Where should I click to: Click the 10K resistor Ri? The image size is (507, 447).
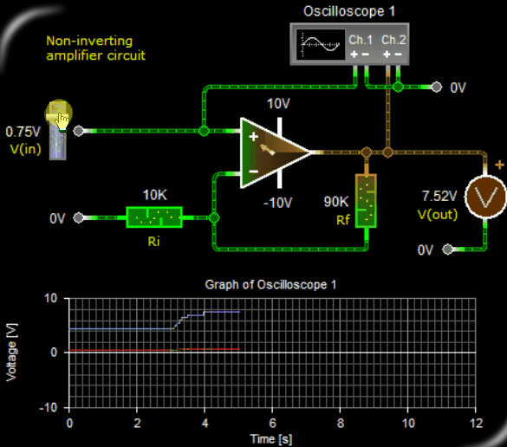pos(154,217)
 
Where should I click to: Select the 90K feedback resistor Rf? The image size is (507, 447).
pos(366,201)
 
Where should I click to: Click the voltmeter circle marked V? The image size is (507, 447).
pos(485,197)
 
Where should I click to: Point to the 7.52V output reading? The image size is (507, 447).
pos(439,196)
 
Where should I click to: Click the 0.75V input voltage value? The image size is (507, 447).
pos(23,132)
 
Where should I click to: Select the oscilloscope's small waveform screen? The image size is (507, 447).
pos(321,44)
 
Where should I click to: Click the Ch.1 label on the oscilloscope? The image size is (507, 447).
pos(361,40)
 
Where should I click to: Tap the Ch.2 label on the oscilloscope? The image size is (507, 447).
pos(393,40)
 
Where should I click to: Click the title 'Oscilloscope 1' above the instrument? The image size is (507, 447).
pos(349,11)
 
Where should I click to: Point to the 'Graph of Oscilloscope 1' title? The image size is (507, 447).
pos(270,285)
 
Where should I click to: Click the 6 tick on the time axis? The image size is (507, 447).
pos(272,423)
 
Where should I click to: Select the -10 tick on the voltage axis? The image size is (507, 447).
pos(49,407)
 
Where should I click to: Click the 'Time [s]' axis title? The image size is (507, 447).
pos(271,439)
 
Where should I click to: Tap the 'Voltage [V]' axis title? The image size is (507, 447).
pos(11,353)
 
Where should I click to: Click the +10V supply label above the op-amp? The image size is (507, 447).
pos(278,104)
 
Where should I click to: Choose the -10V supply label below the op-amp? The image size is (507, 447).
pos(277,203)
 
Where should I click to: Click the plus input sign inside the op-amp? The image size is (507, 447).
pos(253,137)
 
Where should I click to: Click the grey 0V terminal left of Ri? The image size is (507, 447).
pos(78,217)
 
